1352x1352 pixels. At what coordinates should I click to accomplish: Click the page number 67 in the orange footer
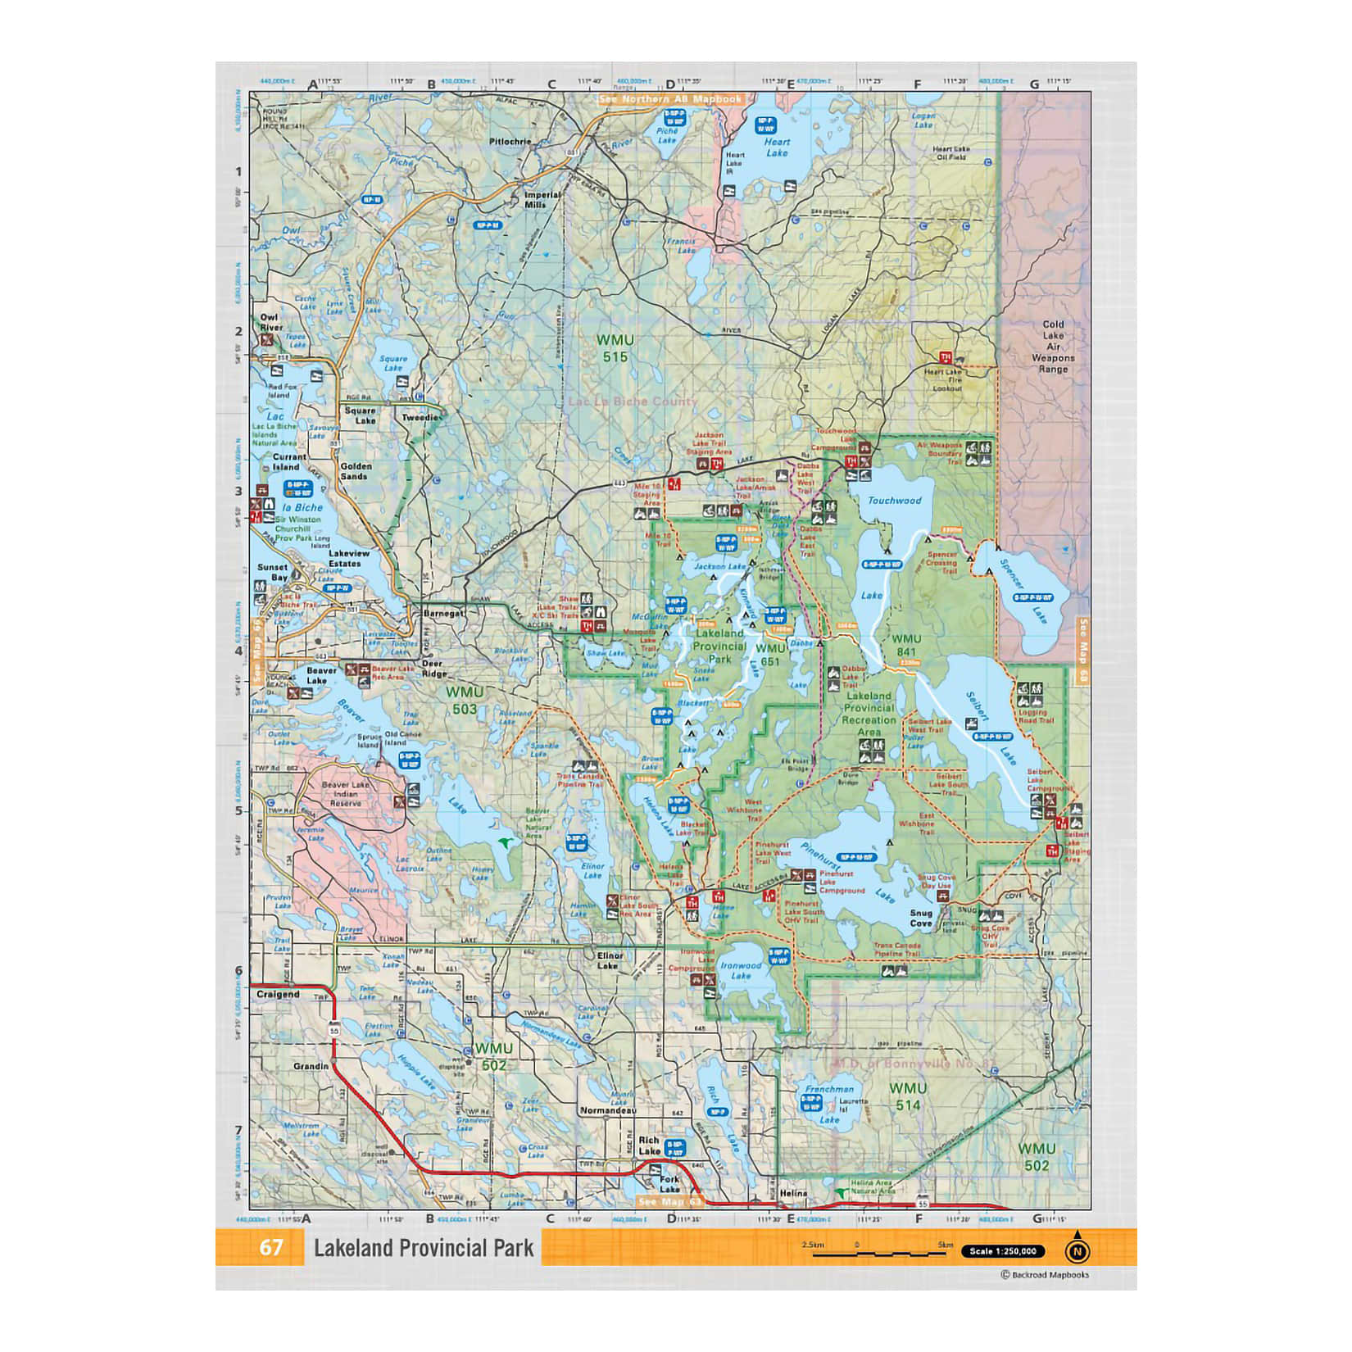pyautogui.click(x=271, y=1247)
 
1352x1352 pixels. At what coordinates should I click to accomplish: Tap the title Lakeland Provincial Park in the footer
pyautogui.click(x=424, y=1248)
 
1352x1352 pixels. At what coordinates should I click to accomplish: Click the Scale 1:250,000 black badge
pyautogui.click(x=1003, y=1251)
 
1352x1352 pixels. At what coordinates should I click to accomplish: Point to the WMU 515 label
pyautogui.click(x=615, y=348)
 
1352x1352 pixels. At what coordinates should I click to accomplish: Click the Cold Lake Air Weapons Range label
pyautogui.click(x=1053, y=347)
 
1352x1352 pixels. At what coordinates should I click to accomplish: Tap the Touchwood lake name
pyautogui.click(x=894, y=500)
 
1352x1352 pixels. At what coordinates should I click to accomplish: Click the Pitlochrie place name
pyautogui.click(x=510, y=142)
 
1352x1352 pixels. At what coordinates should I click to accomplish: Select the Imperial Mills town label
pyautogui.click(x=542, y=199)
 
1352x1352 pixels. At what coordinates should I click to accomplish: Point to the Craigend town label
pyautogui.click(x=278, y=994)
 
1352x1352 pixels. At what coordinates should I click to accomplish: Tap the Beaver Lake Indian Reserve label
pyautogui.click(x=345, y=793)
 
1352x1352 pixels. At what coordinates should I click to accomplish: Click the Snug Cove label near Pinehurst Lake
pyautogui.click(x=921, y=918)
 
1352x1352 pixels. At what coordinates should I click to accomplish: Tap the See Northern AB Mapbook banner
pyautogui.click(x=670, y=99)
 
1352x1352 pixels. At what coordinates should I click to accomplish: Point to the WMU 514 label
pyautogui.click(x=908, y=1096)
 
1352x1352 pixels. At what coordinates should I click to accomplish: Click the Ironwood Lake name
pyautogui.click(x=741, y=970)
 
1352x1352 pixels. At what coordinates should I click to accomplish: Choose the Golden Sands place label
pyautogui.click(x=356, y=471)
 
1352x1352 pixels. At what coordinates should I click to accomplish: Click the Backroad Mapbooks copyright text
pyautogui.click(x=1045, y=1274)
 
